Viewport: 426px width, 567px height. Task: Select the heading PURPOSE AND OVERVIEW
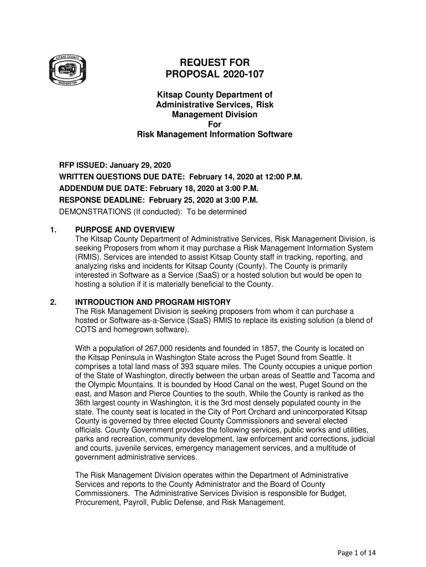[125, 230]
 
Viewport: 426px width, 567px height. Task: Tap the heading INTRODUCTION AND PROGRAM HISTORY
[153, 302]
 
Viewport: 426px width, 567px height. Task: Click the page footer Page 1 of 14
[356, 553]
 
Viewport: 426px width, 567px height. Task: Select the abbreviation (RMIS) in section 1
[88, 257]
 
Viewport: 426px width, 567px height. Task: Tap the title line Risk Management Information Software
[215, 135]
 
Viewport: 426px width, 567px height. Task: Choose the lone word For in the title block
[215, 125]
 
